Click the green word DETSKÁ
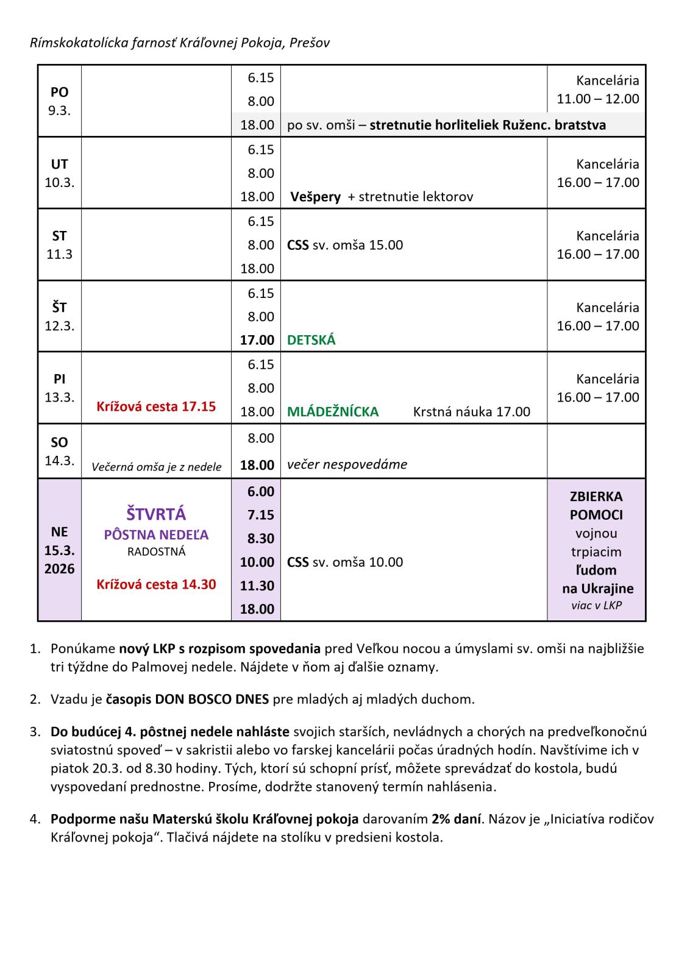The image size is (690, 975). tap(311, 340)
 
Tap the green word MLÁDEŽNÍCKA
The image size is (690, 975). tap(333, 412)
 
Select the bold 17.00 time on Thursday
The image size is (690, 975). tap(257, 340)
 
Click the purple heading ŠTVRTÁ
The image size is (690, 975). tap(155, 514)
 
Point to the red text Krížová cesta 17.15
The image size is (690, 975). tap(156, 406)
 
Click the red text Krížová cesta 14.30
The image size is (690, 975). tap(156, 584)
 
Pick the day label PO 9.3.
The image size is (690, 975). tap(59, 102)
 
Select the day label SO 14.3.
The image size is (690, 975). tap(59, 451)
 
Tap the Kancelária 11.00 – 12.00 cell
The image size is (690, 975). tap(597, 90)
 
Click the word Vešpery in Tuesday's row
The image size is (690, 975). tap(315, 197)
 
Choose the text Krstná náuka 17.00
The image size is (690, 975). tap(471, 412)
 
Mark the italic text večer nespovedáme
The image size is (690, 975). tap(347, 464)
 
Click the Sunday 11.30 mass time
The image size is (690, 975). tap(257, 586)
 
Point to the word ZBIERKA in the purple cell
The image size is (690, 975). tap(596, 497)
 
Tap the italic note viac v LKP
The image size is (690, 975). tap(596, 606)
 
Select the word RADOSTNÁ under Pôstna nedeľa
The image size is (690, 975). tap(156, 552)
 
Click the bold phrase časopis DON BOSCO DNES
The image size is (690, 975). tap(187, 699)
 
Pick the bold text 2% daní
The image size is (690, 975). tap(457, 819)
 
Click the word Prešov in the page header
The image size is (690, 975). tap(310, 43)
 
